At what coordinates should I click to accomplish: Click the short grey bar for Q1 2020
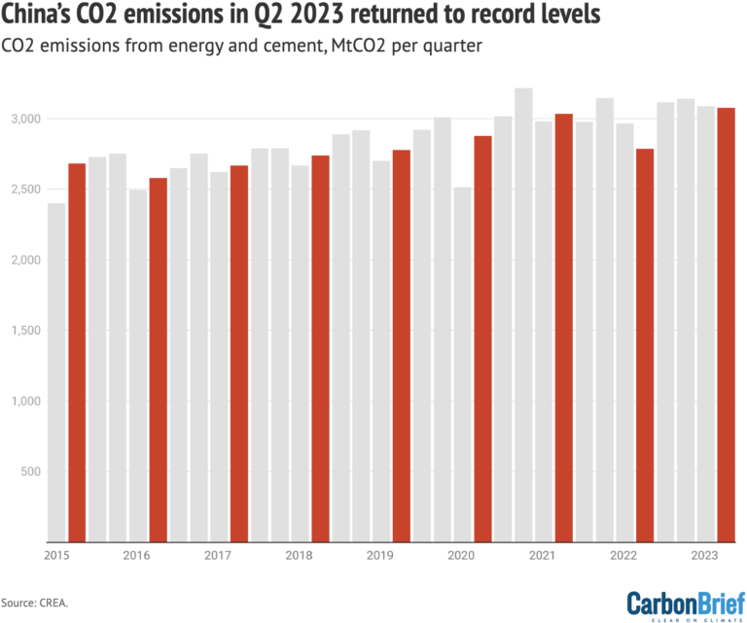462,363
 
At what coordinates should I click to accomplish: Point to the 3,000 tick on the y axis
27,119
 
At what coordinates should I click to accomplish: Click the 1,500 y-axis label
27,330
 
